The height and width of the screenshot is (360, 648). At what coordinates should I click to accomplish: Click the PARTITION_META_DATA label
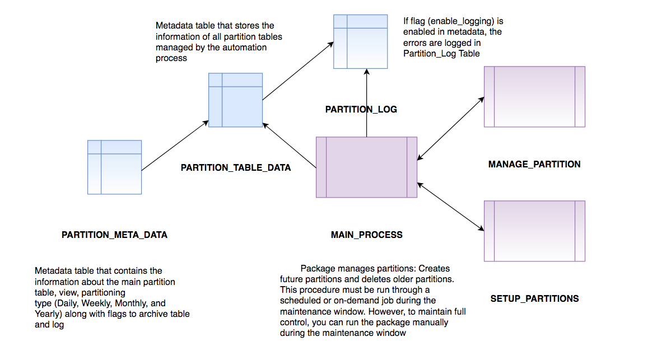click(114, 235)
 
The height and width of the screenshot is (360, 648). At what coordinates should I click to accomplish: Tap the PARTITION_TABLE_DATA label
click(236, 167)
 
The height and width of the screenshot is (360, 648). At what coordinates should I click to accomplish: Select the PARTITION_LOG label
click(361, 110)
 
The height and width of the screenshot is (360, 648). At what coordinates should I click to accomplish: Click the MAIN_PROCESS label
click(366, 235)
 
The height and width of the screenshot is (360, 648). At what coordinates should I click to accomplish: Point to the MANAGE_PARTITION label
click(534, 164)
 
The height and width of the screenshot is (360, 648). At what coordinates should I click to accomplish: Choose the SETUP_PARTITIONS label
click(534, 298)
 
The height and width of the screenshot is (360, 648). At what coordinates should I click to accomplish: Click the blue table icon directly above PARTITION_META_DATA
click(114, 167)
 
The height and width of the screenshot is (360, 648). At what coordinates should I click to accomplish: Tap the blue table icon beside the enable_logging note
click(361, 41)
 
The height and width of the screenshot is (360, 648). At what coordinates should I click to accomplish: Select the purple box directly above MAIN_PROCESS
click(366, 167)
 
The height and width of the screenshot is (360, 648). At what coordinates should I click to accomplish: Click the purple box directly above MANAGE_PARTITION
click(534, 97)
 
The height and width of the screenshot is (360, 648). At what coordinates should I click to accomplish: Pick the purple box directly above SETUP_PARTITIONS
click(534, 231)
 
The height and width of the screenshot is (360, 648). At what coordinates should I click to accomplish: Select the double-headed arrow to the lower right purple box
click(451, 205)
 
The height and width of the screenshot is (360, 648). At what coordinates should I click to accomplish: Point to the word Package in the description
click(317, 268)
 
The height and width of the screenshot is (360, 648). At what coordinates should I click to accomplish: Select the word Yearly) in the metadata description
click(48, 314)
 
